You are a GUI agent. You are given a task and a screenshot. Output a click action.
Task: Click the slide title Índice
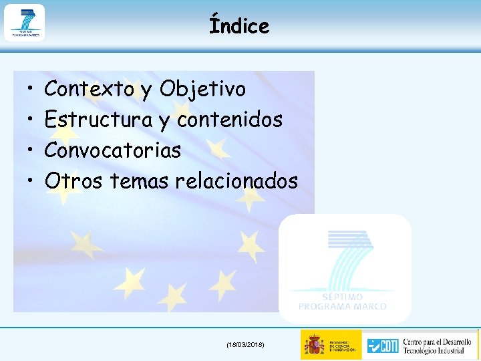pos(239,26)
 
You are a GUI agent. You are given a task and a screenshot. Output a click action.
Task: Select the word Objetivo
pos(203,89)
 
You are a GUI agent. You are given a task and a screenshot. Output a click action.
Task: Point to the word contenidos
pos(230,120)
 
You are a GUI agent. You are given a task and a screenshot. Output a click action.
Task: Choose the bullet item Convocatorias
pos(112,150)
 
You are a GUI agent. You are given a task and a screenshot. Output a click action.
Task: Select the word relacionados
pos(236,180)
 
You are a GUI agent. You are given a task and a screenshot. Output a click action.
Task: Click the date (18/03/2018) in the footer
pos(246,344)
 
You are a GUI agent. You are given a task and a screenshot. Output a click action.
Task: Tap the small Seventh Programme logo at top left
pos(25,22)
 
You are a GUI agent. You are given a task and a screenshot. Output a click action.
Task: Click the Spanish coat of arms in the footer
pos(314,345)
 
